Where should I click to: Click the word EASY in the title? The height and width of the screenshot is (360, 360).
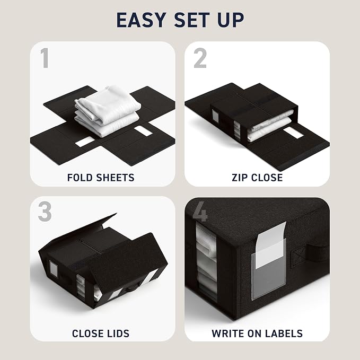[141, 20]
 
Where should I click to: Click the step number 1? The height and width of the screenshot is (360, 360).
[45, 58]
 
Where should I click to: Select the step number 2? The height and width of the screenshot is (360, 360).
[200, 58]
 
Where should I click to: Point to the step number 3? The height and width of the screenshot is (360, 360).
[45, 212]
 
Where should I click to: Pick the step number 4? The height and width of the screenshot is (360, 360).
[200, 212]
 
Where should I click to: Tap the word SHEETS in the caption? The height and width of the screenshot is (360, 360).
[115, 178]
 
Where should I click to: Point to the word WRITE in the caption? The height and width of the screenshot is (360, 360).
[228, 333]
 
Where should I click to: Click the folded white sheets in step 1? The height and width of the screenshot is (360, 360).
[108, 111]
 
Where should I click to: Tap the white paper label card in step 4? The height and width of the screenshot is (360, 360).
[271, 244]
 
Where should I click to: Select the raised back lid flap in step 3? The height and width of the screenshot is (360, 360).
[78, 232]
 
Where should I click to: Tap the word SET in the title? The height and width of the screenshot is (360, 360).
[192, 20]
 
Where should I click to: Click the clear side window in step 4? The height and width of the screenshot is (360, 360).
[206, 262]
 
